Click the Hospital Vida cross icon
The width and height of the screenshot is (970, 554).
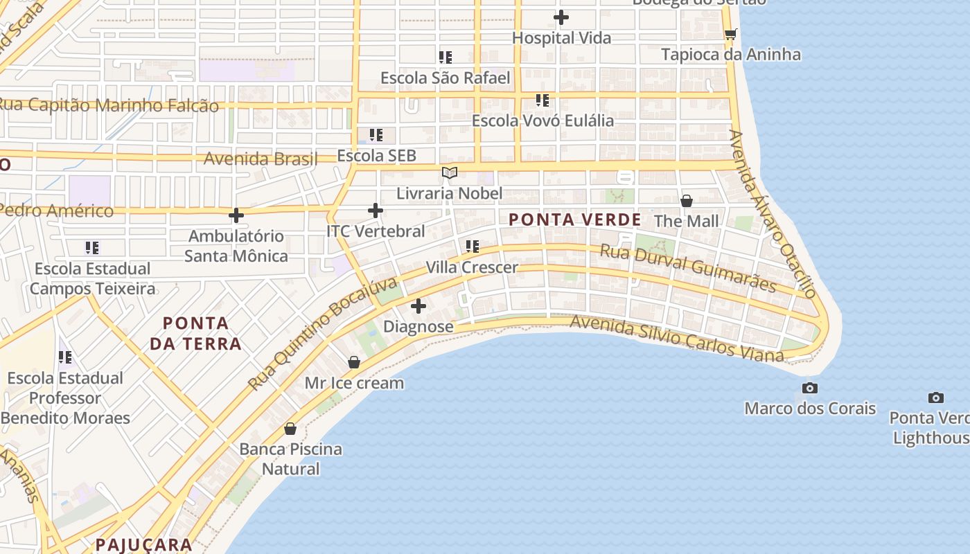pos(561,17)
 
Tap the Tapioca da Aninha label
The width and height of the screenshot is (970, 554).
pos(731,55)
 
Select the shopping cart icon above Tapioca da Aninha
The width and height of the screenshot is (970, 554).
pos(730,34)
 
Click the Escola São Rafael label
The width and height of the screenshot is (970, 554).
pos(445,78)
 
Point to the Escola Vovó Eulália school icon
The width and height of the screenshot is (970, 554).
pos(543,100)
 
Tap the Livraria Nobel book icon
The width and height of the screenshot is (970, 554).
pos(450,172)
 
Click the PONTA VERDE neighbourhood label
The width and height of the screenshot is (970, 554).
pos(574,220)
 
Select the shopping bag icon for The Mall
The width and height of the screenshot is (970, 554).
pos(687,201)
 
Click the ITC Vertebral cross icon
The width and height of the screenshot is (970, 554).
pos(376,211)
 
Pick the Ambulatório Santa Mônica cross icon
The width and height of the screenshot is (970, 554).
pos(236,215)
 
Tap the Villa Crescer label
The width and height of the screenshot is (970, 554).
pos(472,267)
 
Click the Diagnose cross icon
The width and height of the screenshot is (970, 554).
pos(418,305)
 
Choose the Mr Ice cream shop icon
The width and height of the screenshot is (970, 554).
pos(354,362)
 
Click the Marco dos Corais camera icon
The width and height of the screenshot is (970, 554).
pos(809,388)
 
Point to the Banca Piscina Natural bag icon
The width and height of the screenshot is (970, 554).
pos(290,429)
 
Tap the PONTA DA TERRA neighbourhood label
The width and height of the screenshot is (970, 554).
pos(196,333)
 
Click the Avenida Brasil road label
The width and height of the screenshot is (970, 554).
pos(260,159)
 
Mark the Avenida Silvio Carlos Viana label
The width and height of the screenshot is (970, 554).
pos(676,339)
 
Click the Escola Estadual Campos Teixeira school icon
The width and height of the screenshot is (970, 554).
pos(92,247)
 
